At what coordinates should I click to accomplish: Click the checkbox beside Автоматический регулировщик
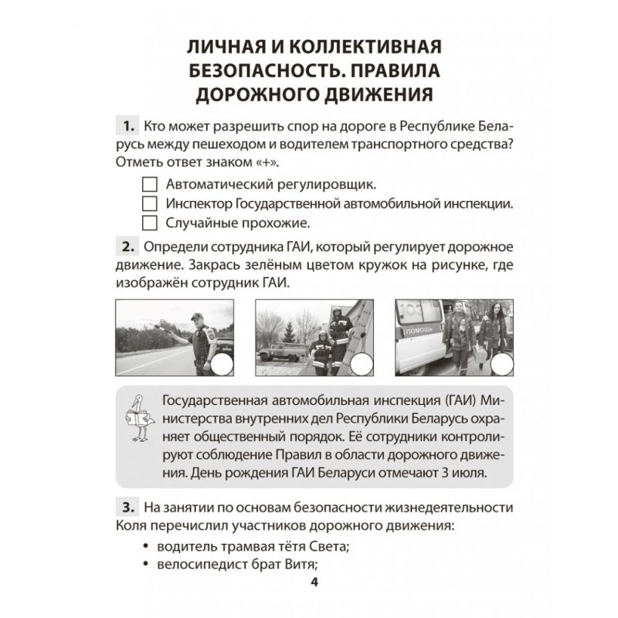(x=151, y=185)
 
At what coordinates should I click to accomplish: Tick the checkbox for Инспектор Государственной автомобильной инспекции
(x=151, y=205)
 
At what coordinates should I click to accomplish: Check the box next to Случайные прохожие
(x=151, y=223)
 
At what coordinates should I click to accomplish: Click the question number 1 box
(x=124, y=127)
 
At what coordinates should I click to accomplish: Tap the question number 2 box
(x=124, y=247)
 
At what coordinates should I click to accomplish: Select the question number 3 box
(x=124, y=508)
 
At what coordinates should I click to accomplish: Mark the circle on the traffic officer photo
(x=222, y=364)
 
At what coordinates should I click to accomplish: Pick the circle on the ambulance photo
(x=502, y=364)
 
